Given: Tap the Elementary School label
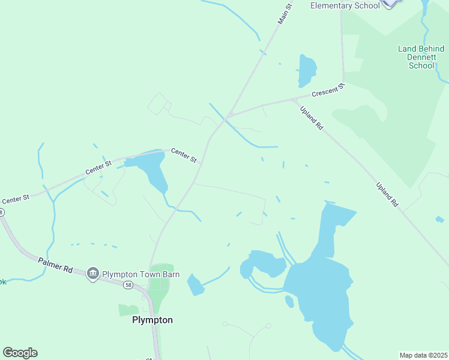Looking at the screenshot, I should pyautogui.click(x=345, y=5).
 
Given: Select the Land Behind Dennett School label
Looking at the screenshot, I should pyautogui.click(x=421, y=57).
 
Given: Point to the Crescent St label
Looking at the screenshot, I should pyautogui.click(x=329, y=91).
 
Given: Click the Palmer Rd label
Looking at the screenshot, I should pyautogui.click(x=55, y=265).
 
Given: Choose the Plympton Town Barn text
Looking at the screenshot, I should pyautogui.click(x=140, y=274).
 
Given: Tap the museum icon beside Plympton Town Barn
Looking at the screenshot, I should pyautogui.click(x=92, y=274).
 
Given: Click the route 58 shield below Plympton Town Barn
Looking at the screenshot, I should pyautogui.click(x=128, y=286).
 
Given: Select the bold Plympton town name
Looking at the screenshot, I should pyautogui.click(x=152, y=320).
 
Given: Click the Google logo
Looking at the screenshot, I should pyautogui.click(x=20, y=353).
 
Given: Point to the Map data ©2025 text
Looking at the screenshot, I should pyautogui.click(x=424, y=355).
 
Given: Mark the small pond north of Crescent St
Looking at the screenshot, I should pyautogui.click(x=306, y=70).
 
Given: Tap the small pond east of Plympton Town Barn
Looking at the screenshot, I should pyautogui.click(x=195, y=285).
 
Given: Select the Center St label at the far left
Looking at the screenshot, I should pyautogui.click(x=15, y=199).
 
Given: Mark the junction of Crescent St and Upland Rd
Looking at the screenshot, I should pyautogui.click(x=295, y=99).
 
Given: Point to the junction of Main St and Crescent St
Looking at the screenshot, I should pyautogui.click(x=227, y=116).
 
